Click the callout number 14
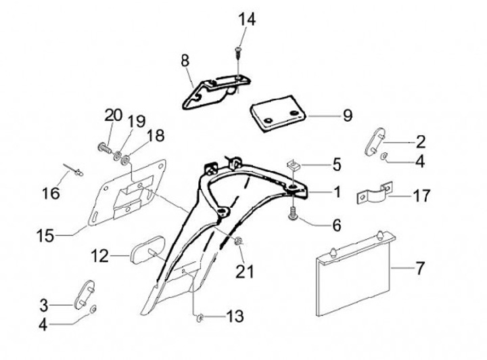247,19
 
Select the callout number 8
185,61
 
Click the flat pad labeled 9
278,114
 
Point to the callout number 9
348,116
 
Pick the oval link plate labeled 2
374,141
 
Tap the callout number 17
421,196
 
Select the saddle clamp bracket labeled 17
374,194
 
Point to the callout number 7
419,268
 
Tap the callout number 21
245,271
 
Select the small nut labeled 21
239,241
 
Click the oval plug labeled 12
147,250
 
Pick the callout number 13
235,317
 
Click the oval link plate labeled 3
84,294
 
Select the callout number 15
45,235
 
